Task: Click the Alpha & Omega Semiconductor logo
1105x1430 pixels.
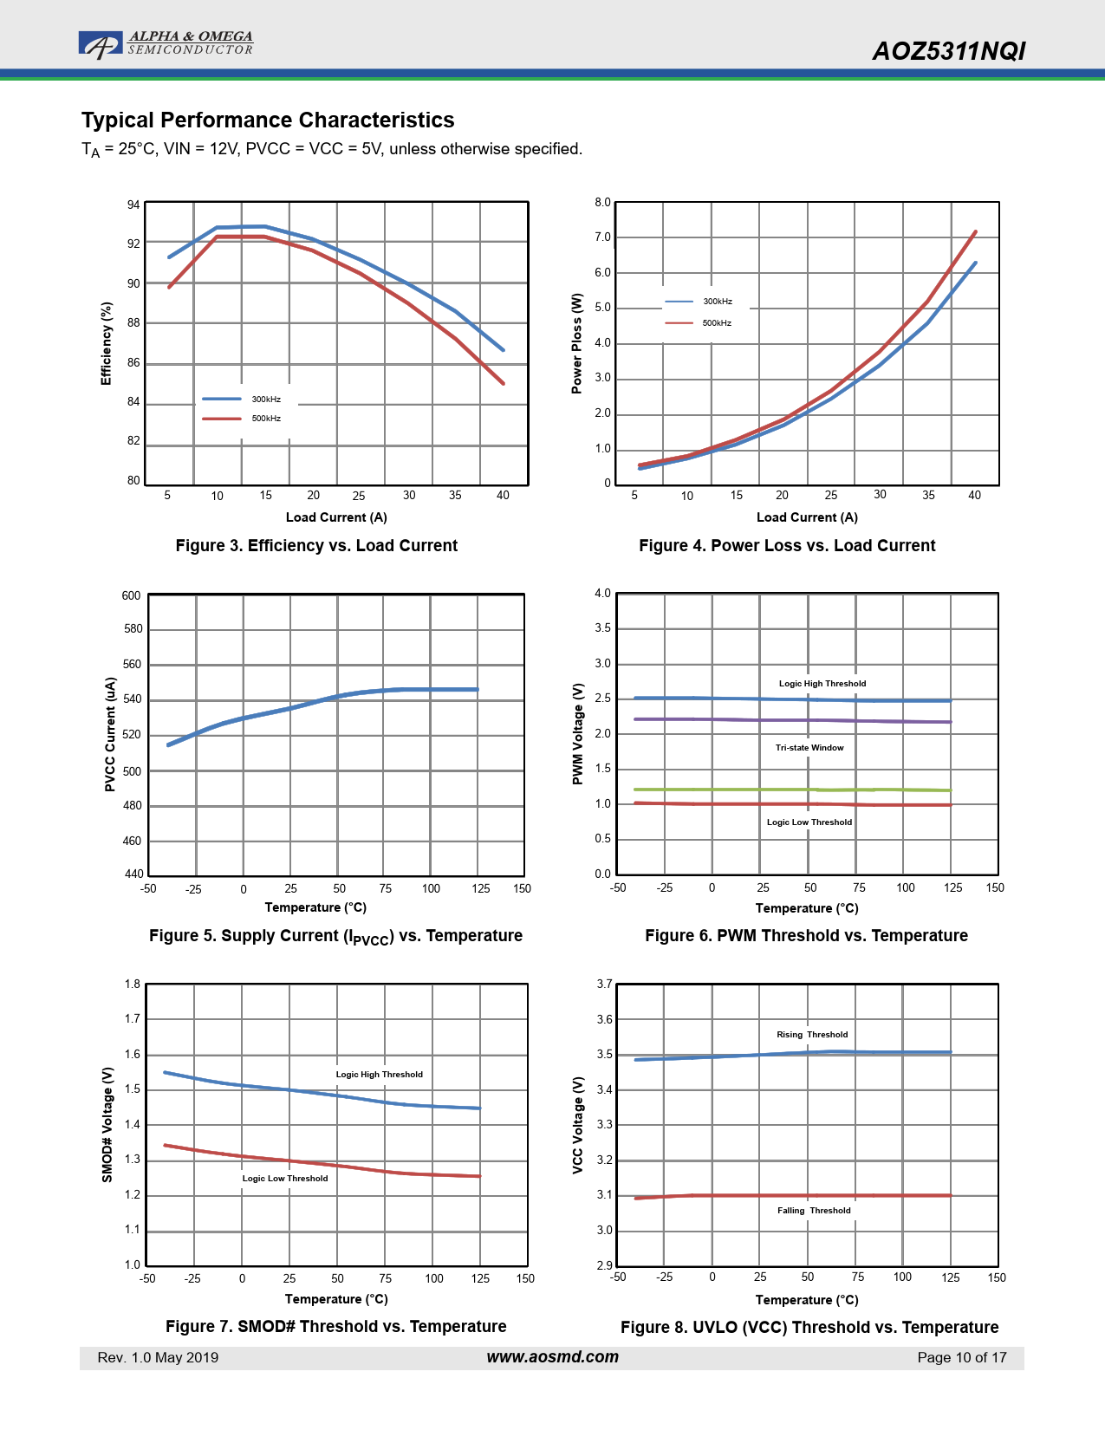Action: (x=166, y=44)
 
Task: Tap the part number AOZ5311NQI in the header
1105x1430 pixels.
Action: (x=948, y=51)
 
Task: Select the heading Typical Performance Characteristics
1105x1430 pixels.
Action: (x=268, y=120)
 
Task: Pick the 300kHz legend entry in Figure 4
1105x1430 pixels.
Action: (x=717, y=302)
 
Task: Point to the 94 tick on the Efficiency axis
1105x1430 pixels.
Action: (x=133, y=205)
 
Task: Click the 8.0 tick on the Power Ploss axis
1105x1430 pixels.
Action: (x=602, y=203)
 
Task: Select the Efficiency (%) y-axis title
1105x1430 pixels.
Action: (x=107, y=343)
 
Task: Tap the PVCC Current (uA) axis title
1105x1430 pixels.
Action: (x=110, y=734)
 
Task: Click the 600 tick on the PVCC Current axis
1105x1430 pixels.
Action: (x=131, y=596)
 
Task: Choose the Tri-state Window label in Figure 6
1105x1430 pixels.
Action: (x=809, y=748)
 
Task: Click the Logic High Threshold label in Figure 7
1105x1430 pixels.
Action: (x=380, y=1075)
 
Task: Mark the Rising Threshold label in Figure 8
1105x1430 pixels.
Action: (x=812, y=1035)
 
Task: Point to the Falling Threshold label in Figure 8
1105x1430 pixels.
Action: (x=814, y=1211)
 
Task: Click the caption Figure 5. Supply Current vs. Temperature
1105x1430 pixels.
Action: (x=335, y=936)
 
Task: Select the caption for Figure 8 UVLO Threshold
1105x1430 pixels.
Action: (x=809, y=1328)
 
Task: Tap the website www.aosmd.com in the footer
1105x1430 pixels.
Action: (x=552, y=1357)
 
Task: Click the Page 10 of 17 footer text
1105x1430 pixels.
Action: (x=962, y=1358)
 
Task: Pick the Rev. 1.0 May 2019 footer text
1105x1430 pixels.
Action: (x=158, y=1358)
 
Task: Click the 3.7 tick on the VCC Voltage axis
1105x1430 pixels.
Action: (x=604, y=985)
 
